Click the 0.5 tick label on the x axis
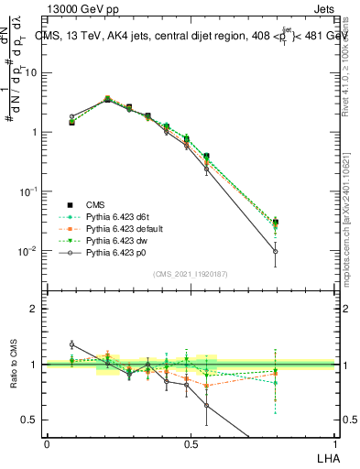pyautogui.click(x=190, y=442)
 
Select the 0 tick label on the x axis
pyautogui.click(x=47, y=442)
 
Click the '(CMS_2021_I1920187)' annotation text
pyautogui.click(x=190, y=274)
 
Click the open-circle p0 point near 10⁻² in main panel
pyautogui.click(x=276, y=251)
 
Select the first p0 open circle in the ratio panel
pyautogui.click(x=72, y=344)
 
